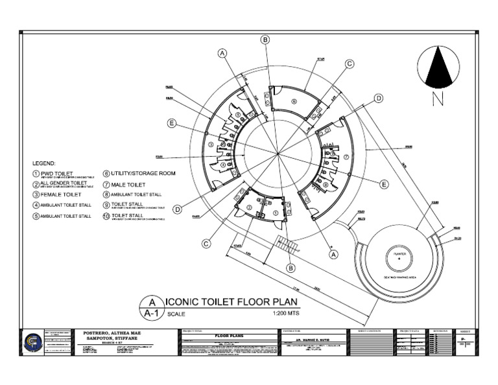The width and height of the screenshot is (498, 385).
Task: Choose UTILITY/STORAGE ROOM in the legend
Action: click(x=143, y=174)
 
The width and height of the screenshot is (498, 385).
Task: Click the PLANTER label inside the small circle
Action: click(x=395, y=254)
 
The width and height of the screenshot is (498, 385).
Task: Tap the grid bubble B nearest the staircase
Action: click(x=291, y=268)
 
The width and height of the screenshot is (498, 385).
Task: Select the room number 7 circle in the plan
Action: click(x=346, y=156)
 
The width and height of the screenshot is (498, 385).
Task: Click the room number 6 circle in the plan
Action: click(x=293, y=100)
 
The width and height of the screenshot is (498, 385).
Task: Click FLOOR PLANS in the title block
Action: click(x=213, y=334)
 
